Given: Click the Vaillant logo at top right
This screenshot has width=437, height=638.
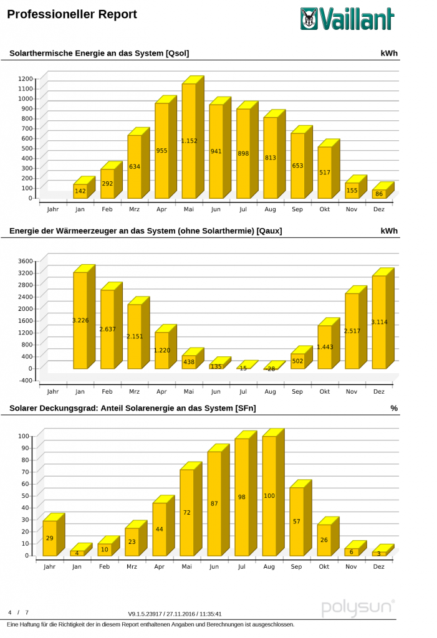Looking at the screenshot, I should pos(347,19).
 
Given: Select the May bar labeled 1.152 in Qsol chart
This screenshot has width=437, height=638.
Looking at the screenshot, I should pos(189,141).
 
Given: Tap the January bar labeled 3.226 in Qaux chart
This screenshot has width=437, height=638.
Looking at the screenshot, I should pos(80,320).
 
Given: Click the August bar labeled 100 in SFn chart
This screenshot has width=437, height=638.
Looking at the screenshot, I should pos(269,496).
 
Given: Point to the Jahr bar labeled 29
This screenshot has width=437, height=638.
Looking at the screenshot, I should pos(50,538).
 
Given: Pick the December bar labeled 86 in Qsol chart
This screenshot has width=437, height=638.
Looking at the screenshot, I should pos(379,194).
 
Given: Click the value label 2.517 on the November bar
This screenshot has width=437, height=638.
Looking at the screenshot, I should pos(352,331).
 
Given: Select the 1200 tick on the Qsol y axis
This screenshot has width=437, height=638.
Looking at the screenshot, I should pos(26,79).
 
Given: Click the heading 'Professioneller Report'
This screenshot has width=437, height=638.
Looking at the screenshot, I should pos(72,14).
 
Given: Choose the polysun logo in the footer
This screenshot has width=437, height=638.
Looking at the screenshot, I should pos(358,607).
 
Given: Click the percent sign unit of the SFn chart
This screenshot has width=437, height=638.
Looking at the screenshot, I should pos(394,408).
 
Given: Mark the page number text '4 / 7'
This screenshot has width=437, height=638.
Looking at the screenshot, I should pos(18,613).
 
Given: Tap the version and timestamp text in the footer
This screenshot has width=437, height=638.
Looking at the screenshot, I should pos(175,614).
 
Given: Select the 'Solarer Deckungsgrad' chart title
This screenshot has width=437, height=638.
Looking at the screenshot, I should pos(132,408).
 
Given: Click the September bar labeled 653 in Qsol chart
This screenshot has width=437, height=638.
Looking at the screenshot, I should pos(297,166).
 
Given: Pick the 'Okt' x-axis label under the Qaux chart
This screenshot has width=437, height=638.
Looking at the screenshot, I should pos(324,391).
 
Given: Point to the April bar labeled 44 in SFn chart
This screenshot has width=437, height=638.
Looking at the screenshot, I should pos(160,529).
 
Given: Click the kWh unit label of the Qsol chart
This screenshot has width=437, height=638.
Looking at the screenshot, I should pos(389,54).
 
